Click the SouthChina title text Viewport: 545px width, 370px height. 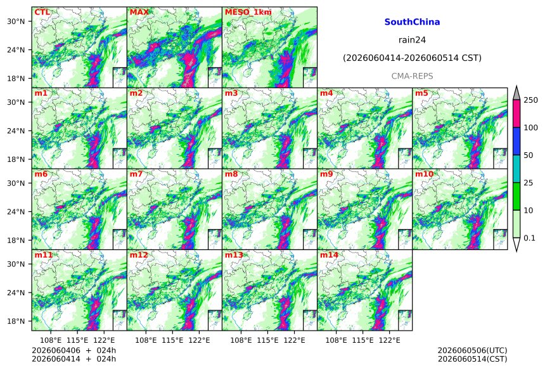(x=412, y=22)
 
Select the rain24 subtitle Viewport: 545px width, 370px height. (x=412, y=40)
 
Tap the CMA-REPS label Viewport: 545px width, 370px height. (x=412, y=76)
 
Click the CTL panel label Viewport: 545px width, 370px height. (x=42, y=12)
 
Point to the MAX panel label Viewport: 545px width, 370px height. (x=139, y=12)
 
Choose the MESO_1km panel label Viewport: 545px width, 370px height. (x=248, y=12)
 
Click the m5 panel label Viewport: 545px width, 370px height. (x=421, y=93)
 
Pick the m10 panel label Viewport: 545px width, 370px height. (x=424, y=174)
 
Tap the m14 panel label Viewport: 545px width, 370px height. (x=329, y=254)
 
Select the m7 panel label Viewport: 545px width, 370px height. (x=136, y=174)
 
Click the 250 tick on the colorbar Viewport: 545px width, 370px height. (x=531, y=100)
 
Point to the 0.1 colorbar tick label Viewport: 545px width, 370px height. (x=529, y=238)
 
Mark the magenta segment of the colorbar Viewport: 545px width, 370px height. (x=516, y=114)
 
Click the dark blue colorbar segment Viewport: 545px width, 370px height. (x=516, y=142)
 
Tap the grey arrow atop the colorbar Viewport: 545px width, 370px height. (x=516, y=93)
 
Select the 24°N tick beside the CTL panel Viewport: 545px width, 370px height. (x=16, y=50)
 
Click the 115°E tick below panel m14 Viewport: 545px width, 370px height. (x=363, y=340)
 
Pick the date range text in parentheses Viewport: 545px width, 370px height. (x=412, y=58)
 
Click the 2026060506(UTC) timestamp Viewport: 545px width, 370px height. (x=472, y=350)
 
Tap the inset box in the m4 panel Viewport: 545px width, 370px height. (x=405, y=159)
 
